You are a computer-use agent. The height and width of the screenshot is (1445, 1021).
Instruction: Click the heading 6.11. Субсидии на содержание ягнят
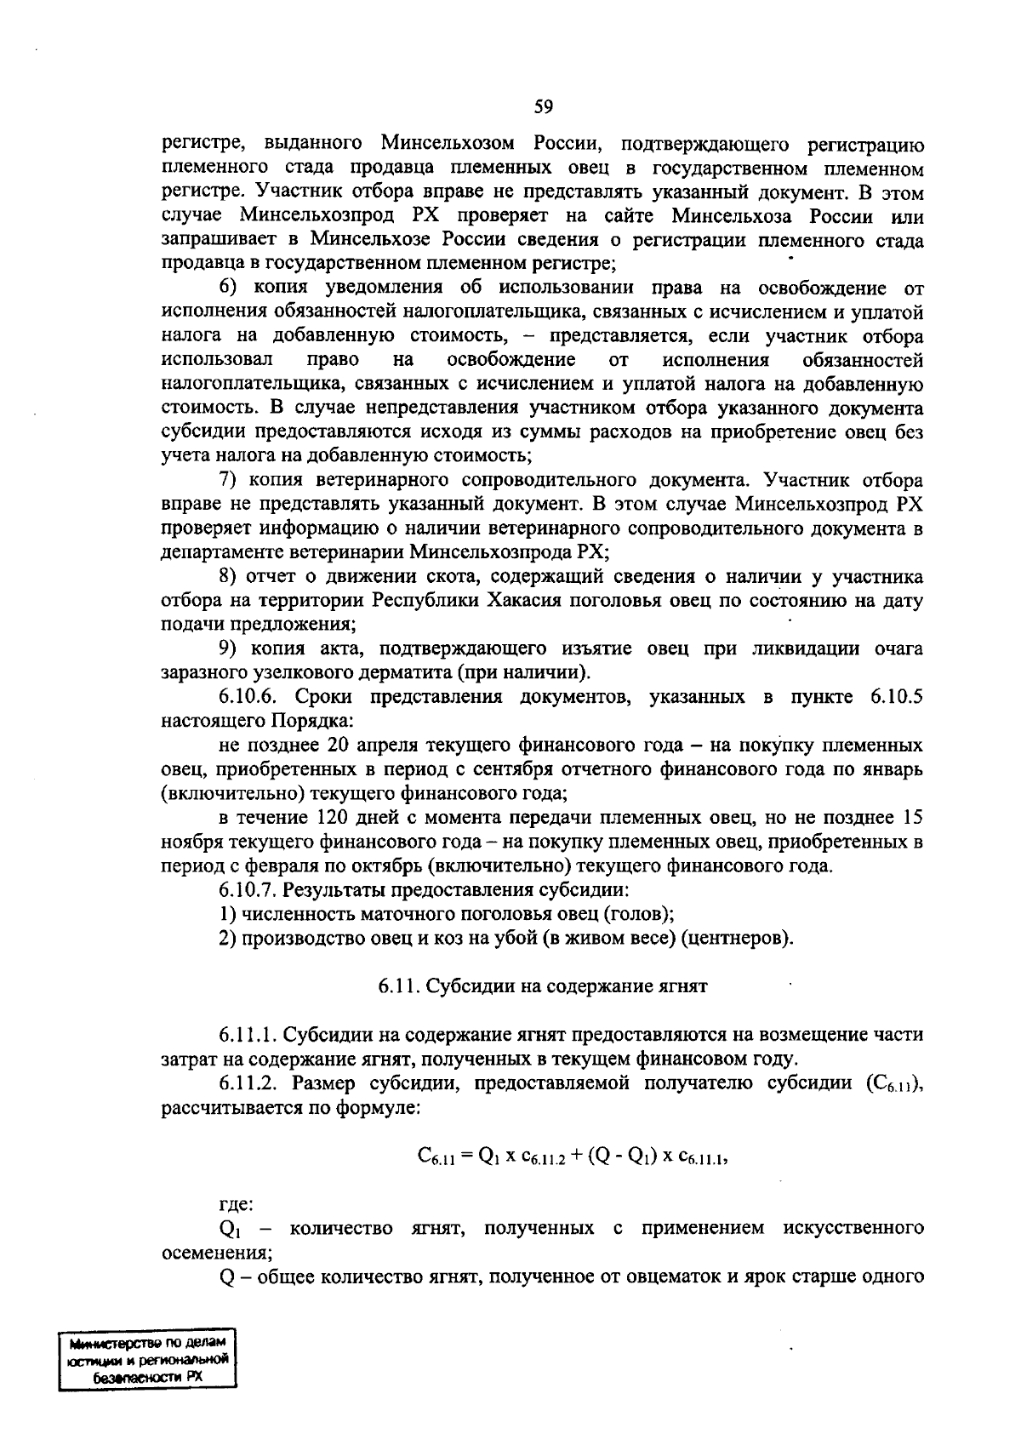[x=543, y=987]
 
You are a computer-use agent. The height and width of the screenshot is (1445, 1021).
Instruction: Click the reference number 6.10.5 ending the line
[x=896, y=698]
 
